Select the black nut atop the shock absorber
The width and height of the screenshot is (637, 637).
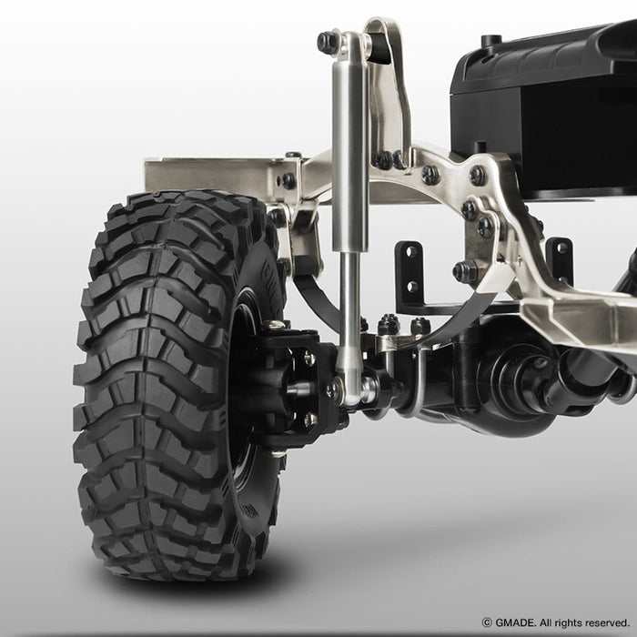[328, 42]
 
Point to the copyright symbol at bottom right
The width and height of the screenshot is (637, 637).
[487, 622]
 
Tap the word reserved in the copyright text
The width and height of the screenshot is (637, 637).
[608, 622]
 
